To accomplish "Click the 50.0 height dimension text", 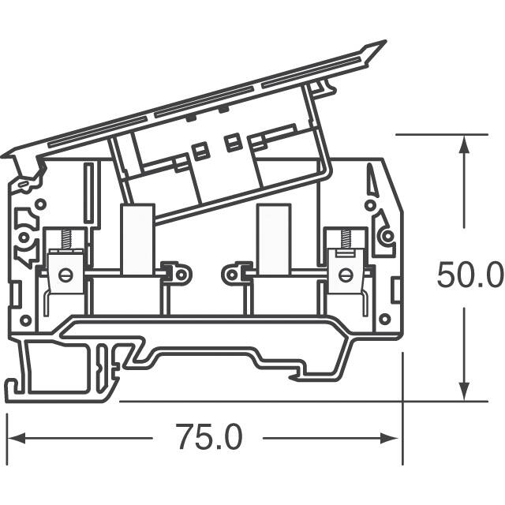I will tap(469, 275).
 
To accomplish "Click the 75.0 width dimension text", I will tap(208, 436).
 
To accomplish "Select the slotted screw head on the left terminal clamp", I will tap(65, 275).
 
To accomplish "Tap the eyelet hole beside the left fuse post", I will tap(181, 274).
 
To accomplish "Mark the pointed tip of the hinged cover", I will tap(383, 43).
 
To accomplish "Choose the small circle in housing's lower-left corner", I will tap(26, 320).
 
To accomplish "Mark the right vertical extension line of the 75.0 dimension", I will tap(402, 410).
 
